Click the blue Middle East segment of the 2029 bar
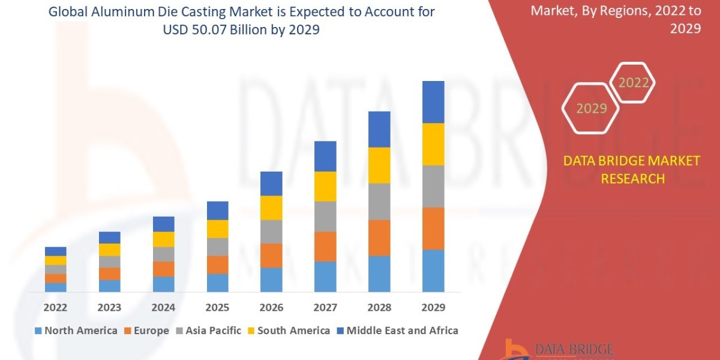[x=433, y=102]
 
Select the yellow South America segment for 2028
[x=379, y=165]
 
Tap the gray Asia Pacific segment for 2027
[x=325, y=216]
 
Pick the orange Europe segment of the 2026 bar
[x=271, y=255]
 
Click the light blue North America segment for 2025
[x=217, y=283]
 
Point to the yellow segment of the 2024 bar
[x=163, y=239]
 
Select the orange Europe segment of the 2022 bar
[x=55, y=278]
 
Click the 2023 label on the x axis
[x=109, y=308]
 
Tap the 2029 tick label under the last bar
[x=433, y=308]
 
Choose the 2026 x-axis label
[x=271, y=308]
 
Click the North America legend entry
[x=76, y=331]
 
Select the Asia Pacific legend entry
[x=208, y=331]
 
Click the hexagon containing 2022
[x=633, y=83]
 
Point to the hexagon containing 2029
[x=592, y=109]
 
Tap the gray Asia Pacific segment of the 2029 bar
[x=433, y=186]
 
